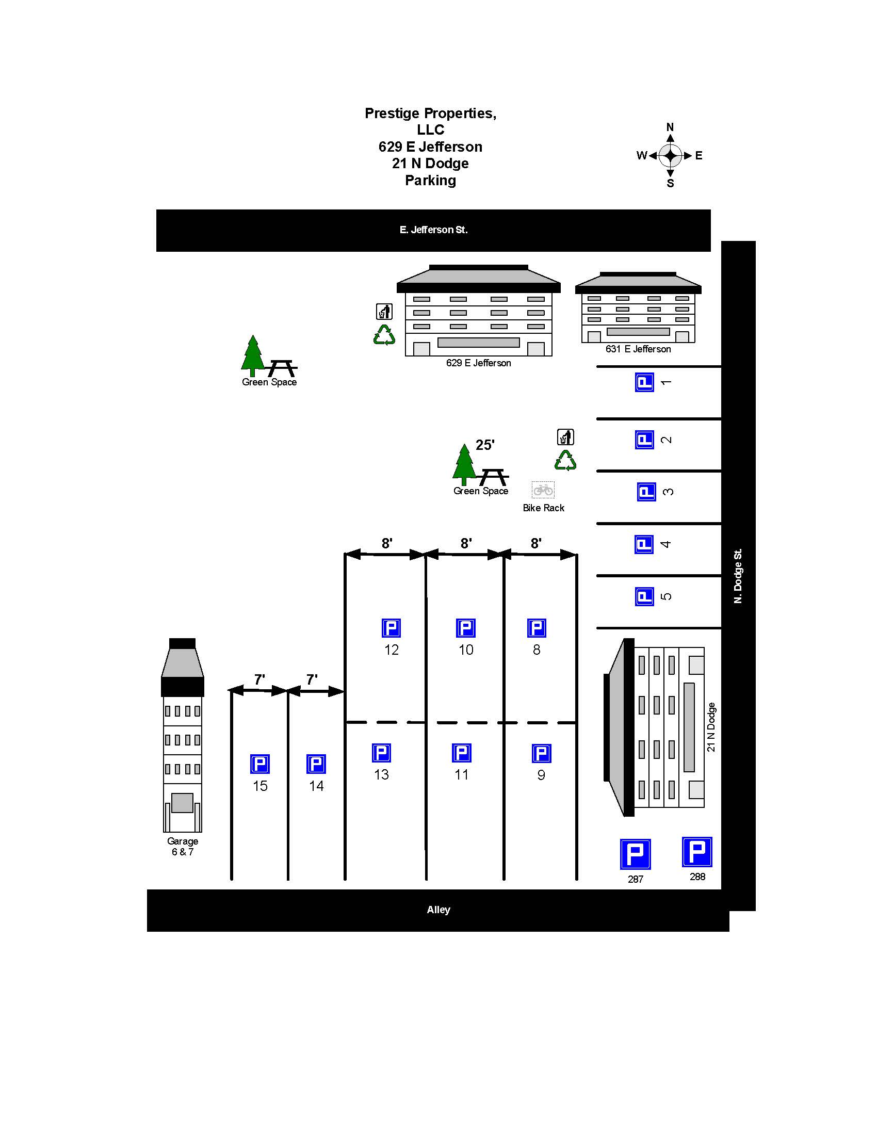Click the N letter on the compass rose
pos(670,127)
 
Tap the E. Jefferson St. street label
pos(433,230)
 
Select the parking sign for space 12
pos(391,628)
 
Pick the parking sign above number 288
pos(697,852)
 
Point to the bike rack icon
pos(543,490)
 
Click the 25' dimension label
pos(485,445)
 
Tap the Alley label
pos(438,910)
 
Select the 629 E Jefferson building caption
pos(478,363)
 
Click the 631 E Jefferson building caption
pos(638,349)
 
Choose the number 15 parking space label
pos(260,786)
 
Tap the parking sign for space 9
pos(541,753)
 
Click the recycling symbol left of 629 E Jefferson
pos(384,335)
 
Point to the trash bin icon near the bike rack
pos(565,437)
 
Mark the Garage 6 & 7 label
pos(182,846)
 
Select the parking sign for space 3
pos(646,492)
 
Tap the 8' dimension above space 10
pos(466,543)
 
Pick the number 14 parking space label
pos(316,786)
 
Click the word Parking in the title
pos(430,181)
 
